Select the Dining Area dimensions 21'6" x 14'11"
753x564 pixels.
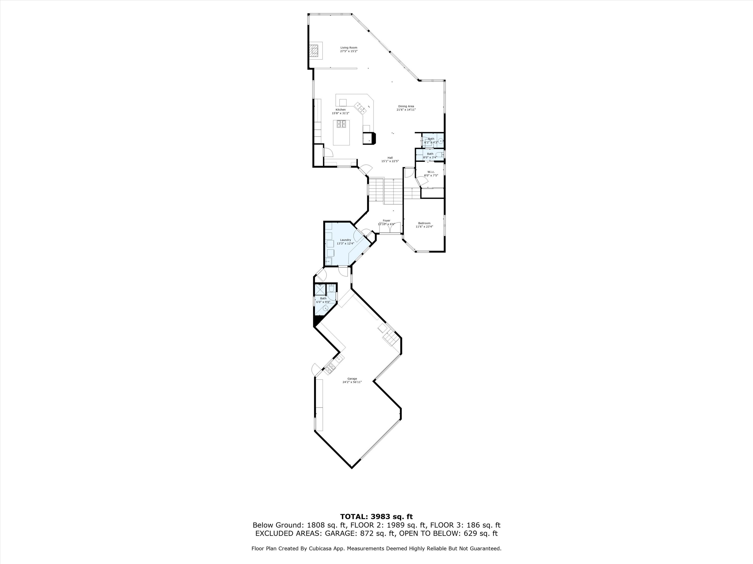coord(406,110)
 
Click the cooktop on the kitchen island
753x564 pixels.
coord(103,124)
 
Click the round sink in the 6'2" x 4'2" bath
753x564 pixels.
coord(441,141)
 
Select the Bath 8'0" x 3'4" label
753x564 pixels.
coord(430,156)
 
